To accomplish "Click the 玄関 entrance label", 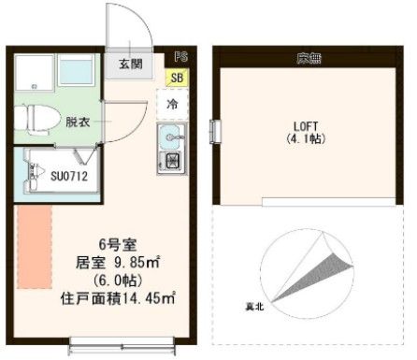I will click(130, 65).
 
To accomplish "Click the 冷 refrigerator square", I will click(173, 105).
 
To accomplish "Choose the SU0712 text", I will click(69, 174).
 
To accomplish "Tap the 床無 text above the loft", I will click(309, 60).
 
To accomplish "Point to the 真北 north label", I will click(252, 306).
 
